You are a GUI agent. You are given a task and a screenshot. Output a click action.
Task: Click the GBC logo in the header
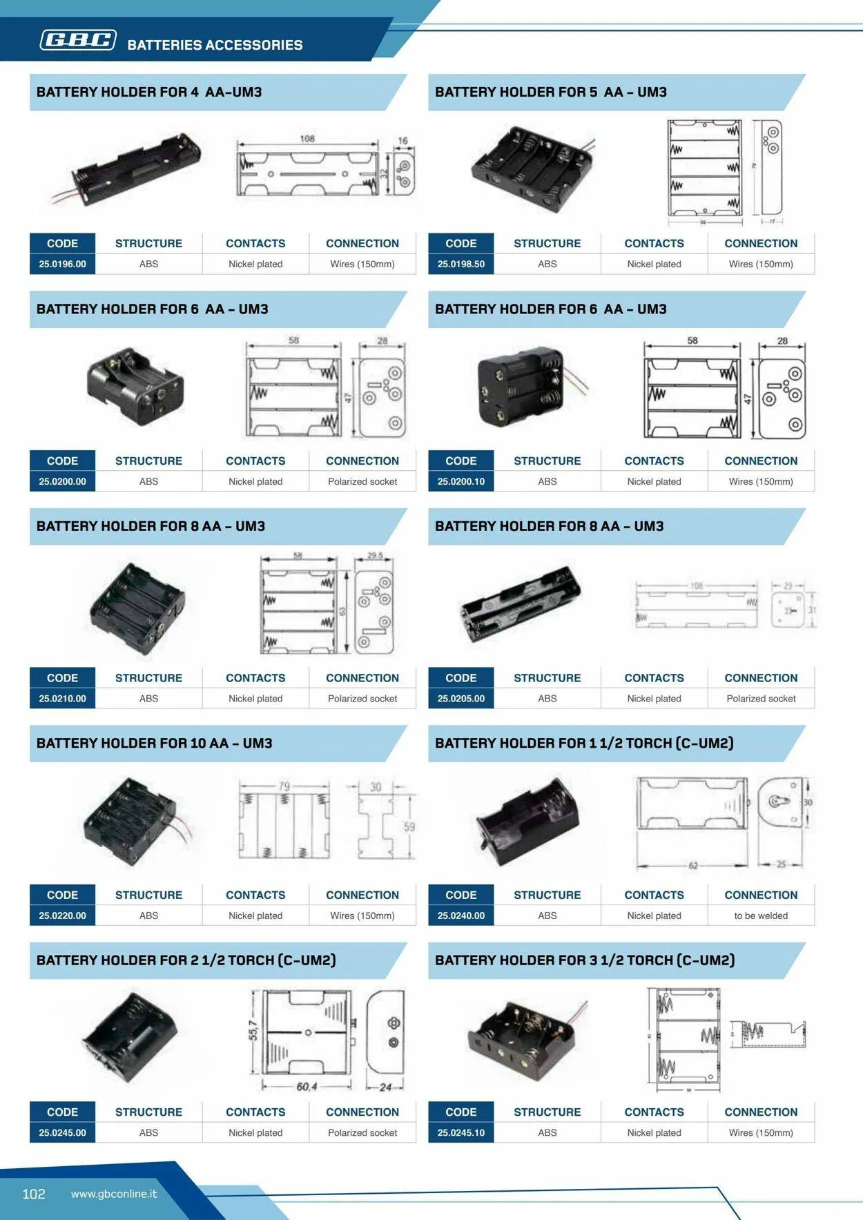tap(78, 40)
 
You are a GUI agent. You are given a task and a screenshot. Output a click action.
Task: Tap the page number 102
tap(34, 1194)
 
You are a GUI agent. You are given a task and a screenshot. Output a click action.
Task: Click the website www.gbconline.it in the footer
tap(114, 1194)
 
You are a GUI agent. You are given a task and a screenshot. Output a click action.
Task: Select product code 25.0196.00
tap(62, 264)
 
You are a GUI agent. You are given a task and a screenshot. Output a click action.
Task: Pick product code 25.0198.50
tap(460, 264)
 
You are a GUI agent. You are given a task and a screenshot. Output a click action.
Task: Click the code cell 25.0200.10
tap(460, 481)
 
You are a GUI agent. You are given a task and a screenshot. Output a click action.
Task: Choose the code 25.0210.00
tap(62, 698)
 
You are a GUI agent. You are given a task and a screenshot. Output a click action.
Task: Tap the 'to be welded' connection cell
tap(761, 916)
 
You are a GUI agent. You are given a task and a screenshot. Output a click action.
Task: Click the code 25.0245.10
tap(460, 1132)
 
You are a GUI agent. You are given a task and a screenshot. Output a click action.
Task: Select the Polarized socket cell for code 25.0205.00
tap(761, 698)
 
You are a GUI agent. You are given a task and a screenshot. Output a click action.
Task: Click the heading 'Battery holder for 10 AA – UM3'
tap(155, 743)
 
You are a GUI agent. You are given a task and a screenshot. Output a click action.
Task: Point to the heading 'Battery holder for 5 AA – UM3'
tap(551, 92)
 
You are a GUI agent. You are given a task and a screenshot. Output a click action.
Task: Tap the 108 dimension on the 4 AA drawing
tap(307, 139)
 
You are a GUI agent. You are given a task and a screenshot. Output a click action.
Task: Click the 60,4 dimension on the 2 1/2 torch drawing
tap(307, 1087)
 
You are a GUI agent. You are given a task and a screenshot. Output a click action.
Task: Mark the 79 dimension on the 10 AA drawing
tap(284, 786)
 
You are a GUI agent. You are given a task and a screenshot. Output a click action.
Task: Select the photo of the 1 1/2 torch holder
tap(528, 822)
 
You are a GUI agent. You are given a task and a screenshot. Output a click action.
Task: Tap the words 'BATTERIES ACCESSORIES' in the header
tap(215, 45)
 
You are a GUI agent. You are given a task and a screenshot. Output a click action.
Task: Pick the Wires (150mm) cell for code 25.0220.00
tap(362, 916)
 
